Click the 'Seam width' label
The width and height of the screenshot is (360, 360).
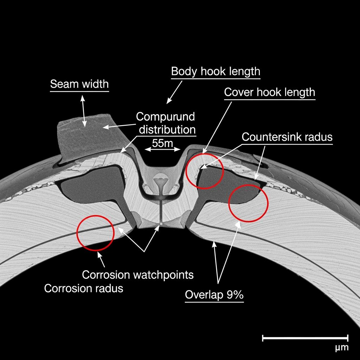79,84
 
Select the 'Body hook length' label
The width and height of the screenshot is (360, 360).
216,71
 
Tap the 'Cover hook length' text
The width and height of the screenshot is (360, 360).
270,92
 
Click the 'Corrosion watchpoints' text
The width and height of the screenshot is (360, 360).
138,274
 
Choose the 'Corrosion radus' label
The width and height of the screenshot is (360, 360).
84,288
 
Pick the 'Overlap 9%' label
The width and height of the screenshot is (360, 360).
214,295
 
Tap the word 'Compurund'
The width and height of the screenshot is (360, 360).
165,117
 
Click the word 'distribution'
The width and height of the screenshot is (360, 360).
167,129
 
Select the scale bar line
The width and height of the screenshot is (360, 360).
305,338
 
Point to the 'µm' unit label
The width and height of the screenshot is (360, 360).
342,348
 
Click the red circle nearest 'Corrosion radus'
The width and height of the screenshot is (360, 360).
96,233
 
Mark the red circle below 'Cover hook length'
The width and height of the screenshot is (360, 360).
205,170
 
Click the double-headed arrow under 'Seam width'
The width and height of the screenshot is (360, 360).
83,110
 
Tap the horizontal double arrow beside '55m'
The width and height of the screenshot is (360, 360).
163,149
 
